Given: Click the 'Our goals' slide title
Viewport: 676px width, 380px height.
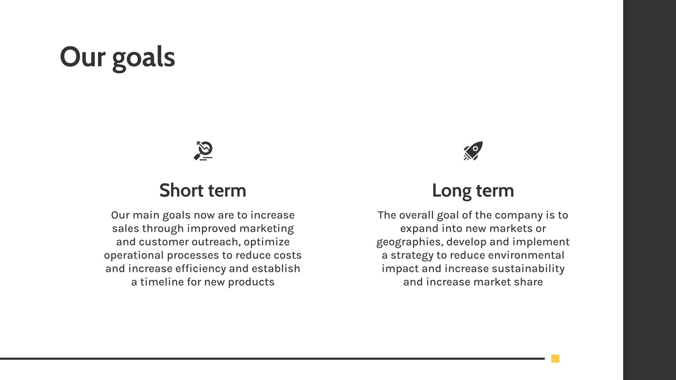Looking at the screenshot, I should click(117, 57).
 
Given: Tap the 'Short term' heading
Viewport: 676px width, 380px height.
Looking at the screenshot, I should click(203, 190).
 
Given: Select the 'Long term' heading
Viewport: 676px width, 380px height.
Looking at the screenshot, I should click(473, 190).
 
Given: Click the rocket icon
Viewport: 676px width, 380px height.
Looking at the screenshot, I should click(473, 151).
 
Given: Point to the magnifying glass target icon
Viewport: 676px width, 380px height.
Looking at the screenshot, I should click(203, 151).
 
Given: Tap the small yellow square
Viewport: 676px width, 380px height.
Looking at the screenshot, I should click(555, 358).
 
